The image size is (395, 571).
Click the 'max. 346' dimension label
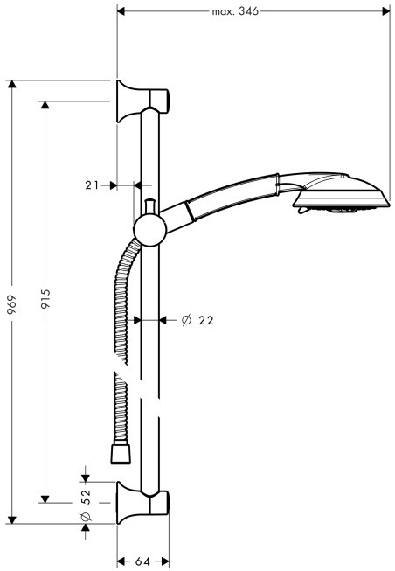pyautogui.click(x=235, y=11)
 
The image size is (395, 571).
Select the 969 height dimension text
pyautogui.click(x=12, y=303)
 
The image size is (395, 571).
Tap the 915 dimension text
pyautogui.click(x=45, y=298)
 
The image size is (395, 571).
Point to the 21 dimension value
pyautogui.click(x=92, y=185)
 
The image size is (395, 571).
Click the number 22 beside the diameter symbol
pyautogui.click(x=206, y=320)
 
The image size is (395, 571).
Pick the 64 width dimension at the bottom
pyautogui.click(x=142, y=561)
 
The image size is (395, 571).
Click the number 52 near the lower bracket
pyautogui.click(x=86, y=497)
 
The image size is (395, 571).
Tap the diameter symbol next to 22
pyautogui.click(x=186, y=320)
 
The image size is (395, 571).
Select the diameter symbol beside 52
pyautogui.click(x=86, y=517)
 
